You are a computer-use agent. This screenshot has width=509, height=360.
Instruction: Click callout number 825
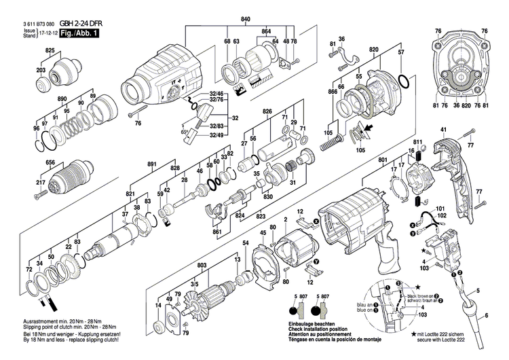[50, 52]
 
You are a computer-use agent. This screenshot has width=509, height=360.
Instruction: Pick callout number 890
[63, 99]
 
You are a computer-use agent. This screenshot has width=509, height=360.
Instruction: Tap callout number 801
[383, 160]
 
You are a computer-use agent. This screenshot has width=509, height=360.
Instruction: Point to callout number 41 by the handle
[443, 130]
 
